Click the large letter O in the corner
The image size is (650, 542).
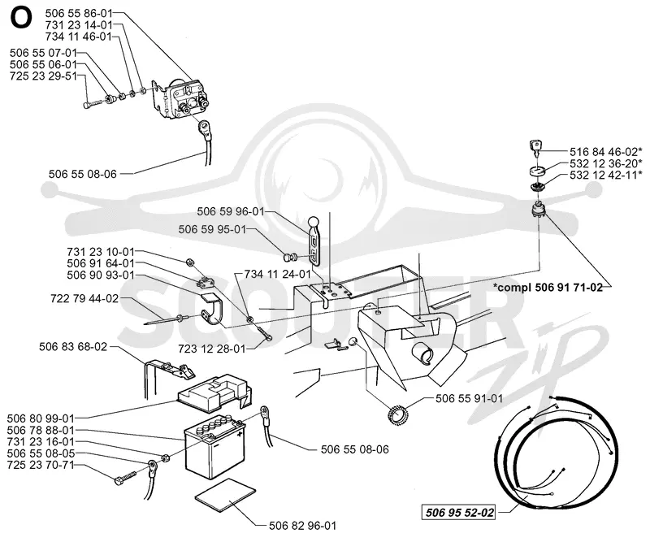coord(21,19)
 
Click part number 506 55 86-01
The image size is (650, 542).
coord(79,13)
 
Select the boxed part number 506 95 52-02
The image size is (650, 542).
coord(460,513)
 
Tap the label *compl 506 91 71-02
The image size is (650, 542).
coord(548,288)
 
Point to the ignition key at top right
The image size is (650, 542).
coord(535,148)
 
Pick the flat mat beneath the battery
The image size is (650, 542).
coord(226,496)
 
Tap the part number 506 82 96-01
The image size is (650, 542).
coord(302,526)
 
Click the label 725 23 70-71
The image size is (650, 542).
coord(41,465)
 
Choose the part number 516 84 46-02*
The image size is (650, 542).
coord(606,152)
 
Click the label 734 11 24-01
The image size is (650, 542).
coord(277,274)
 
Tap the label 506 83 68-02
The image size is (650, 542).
coord(73,347)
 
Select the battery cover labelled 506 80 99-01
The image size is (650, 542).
coord(214,394)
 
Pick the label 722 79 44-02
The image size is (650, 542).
coord(84,298)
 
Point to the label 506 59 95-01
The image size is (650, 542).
coord(212,229)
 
